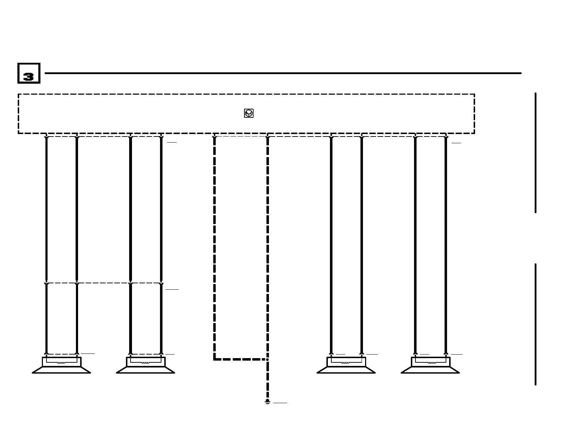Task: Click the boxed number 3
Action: tap(29, 73)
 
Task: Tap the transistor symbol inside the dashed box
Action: tap(249, 113)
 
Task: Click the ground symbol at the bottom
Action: tap(268, 402)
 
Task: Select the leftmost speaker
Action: tap(61, 366)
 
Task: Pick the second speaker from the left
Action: tap(145, 366)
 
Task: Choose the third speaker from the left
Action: tap(346, 366)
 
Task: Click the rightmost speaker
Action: tap(430, 366)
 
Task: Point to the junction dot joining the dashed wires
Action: tap(268, 360)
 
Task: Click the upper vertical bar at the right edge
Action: tap(535, 152)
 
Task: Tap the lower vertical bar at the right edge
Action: tap(535, 324)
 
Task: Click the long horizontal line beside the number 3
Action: tap(283, 73)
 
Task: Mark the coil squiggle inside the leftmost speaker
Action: tap(61, 362)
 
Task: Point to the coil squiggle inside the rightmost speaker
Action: tap(432, 362)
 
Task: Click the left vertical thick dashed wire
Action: tap(215, 248)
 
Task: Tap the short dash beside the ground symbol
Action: tap(280, 403)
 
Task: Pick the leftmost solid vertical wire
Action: tap(46, 209)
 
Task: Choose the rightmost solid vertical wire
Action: tap(446, 245)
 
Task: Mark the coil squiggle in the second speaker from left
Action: tap(145, 362)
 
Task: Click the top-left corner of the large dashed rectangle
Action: tap(18, 94)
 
